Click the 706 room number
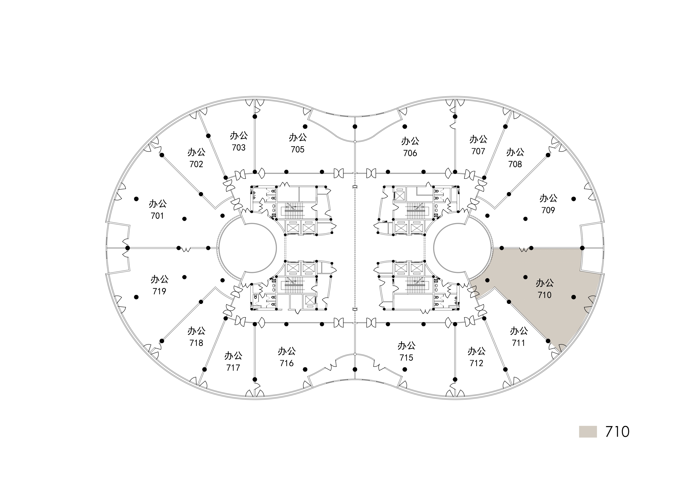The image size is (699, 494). pos(410,153)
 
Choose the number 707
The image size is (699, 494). pos(478,151)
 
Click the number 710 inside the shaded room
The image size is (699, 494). pos(544,295)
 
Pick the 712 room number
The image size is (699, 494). pos(476,363)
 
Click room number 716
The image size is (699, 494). pos(287,363)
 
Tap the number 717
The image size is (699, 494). pos(233,367)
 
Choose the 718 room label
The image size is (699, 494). pos(196,343)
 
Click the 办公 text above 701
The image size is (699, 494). pos(158,203)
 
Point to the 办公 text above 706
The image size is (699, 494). pos(410,141)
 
